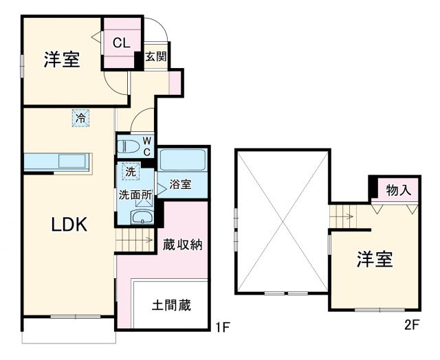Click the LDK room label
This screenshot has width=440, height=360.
coord(68,225)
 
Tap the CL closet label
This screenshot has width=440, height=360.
coord(121,43)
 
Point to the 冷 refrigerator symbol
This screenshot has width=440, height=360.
coord(80,118)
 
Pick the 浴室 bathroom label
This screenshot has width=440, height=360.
coord(180,185)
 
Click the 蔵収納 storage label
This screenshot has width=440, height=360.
coord(182,245)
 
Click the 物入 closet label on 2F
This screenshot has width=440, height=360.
coord(398,190)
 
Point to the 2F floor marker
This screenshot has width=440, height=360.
coord(411,326)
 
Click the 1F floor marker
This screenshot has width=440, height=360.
coord(219,326)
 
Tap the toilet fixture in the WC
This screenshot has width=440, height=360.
coord(129,145)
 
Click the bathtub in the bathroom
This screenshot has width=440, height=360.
coord(181,161)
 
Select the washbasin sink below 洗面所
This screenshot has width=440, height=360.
coord(142,218)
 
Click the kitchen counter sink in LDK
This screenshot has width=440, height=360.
coord(71,161)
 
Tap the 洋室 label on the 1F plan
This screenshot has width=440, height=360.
coord(63,60)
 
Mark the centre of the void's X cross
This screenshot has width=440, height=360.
coord(282,221)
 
